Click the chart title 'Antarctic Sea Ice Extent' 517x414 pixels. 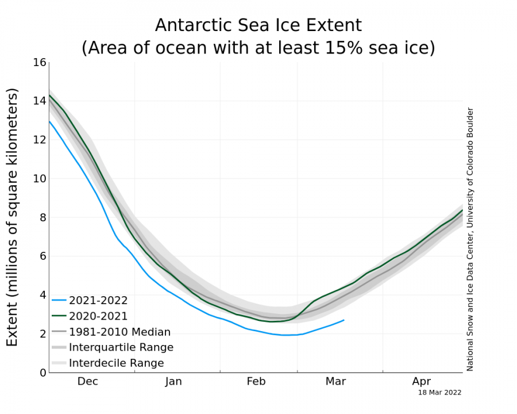coord(258,25)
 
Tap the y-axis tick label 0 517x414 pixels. coord(41,373)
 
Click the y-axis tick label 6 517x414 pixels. coord(41,256)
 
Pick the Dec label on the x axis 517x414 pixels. coord(88,381)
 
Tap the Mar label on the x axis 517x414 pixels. coord(336,381)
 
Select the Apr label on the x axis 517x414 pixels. coord(421,381)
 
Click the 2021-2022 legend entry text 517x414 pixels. coord(98,300)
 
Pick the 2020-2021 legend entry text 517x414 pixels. coord(98,316)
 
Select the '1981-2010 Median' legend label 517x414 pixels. coord(119,332)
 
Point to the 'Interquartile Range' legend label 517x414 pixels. coord(121,347)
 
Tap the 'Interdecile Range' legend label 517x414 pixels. coord(117,363)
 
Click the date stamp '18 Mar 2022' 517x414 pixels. coord(439,393)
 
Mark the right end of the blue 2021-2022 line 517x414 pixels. coord(344,320)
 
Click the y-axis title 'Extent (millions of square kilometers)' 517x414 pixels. coord(13,217)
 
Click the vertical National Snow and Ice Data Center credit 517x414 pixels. coord(470,239)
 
